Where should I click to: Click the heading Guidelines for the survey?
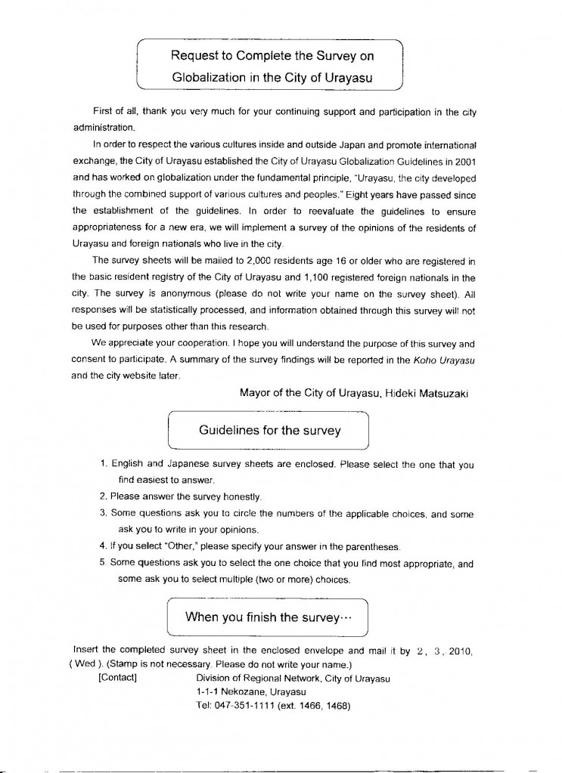(x=269, y=431)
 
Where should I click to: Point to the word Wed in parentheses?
(x=81, y=664)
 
